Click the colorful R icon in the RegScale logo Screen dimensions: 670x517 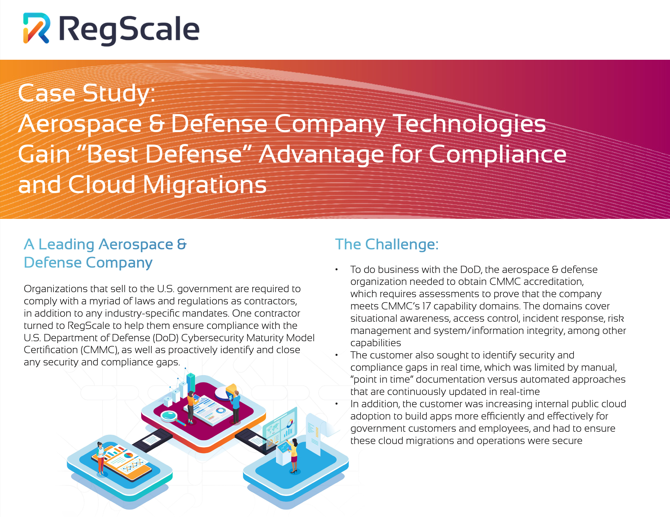36,28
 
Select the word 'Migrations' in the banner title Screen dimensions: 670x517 205,185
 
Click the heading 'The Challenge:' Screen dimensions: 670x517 387,244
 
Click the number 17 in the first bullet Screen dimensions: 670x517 426,306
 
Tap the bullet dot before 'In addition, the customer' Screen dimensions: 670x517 337,404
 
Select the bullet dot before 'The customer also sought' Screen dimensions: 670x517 337,355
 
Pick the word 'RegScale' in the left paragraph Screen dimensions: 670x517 89,325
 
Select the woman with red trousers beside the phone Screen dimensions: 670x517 100,458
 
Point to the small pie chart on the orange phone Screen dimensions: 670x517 128,455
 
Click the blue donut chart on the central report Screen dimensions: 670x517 221,410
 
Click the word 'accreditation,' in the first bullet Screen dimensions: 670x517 553,281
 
